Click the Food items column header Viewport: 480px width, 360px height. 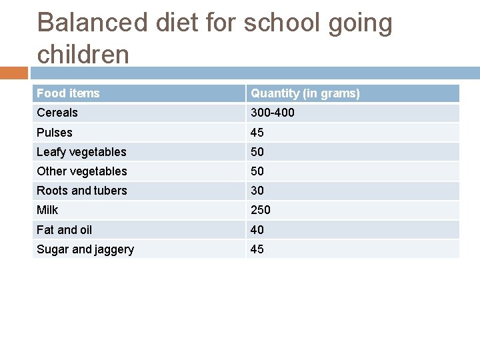coord(68,93)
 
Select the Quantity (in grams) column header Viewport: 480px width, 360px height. coord(305,93)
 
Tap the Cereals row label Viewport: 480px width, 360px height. coord(57,113)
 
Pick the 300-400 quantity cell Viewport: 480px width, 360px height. coord(272,113)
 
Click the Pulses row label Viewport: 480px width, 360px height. coord(55,133)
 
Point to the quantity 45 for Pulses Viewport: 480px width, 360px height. coord(257,133)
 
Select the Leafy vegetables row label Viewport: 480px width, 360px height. coord(81,152)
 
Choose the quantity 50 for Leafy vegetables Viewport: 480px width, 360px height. coord(257,152)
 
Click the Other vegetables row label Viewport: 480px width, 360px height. coord(82,171)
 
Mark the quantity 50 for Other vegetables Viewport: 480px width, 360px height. coord(257,171)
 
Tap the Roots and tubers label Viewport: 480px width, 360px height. coord(82,191)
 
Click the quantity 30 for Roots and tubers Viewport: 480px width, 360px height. coord(257,191)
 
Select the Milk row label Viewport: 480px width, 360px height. coord(47,210)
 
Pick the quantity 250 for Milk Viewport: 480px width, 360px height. coord(261,210)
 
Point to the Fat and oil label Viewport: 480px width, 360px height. coord(65,230)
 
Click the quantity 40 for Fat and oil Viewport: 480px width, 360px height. coord(257,230)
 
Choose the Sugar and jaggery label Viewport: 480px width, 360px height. coord(85,249)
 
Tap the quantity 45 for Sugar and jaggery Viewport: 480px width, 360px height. coord(257,249)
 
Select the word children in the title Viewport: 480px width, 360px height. coord(83,54)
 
